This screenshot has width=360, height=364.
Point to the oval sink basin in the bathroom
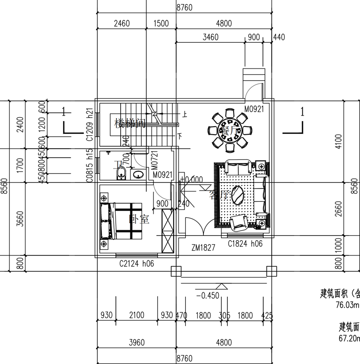coord(138,174)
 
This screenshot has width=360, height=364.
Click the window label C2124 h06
coord(136,264)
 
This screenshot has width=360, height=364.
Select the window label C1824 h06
coord(245,244)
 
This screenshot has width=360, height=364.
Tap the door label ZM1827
coord(203,247)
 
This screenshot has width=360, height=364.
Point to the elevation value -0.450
coord(207,296)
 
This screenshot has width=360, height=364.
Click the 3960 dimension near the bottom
coord(136,342)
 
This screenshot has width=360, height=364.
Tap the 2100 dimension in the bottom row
coord(136,315)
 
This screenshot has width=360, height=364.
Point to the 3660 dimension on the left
coord(18,219)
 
